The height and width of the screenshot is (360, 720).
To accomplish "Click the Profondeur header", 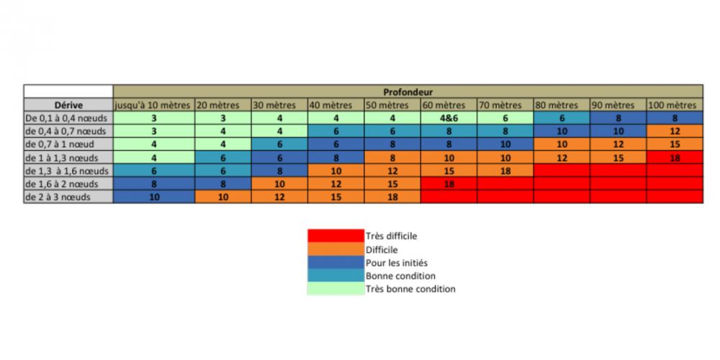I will click(408, 91).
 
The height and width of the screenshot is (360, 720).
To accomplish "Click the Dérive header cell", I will click(68, 104).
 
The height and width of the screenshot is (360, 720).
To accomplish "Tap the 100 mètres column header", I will click(674, 104).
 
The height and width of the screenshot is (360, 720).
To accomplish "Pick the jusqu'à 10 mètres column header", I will click(154, 104).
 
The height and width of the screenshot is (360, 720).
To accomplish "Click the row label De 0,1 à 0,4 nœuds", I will click(68, 118).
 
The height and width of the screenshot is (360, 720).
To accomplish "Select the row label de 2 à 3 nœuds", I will click(68, 197).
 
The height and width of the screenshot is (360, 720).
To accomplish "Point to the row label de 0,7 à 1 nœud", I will click(68, 144).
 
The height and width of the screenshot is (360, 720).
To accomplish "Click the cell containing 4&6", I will click(449, 118).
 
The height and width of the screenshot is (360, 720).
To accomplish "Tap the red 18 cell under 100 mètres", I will click(674, 157).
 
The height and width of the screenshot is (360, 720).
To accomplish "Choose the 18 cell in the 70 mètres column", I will click(505, 171).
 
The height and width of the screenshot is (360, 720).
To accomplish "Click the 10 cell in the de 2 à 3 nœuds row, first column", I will click(154, 197).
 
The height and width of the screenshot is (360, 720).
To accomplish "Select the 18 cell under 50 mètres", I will click(392, 197).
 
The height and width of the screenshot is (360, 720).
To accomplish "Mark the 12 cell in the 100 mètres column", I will click(674, 131).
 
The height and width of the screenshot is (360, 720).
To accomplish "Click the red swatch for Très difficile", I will click(336, 235).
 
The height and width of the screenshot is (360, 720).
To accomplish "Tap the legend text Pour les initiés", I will click(395, 262).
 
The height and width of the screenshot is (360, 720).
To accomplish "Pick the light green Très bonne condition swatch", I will click(336, 289).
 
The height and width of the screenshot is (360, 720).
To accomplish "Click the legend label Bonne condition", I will click(400, 276).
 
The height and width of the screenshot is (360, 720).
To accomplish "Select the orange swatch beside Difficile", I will click(336, 249).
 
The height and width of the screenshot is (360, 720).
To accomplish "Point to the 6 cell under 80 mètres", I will click(562, 118).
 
